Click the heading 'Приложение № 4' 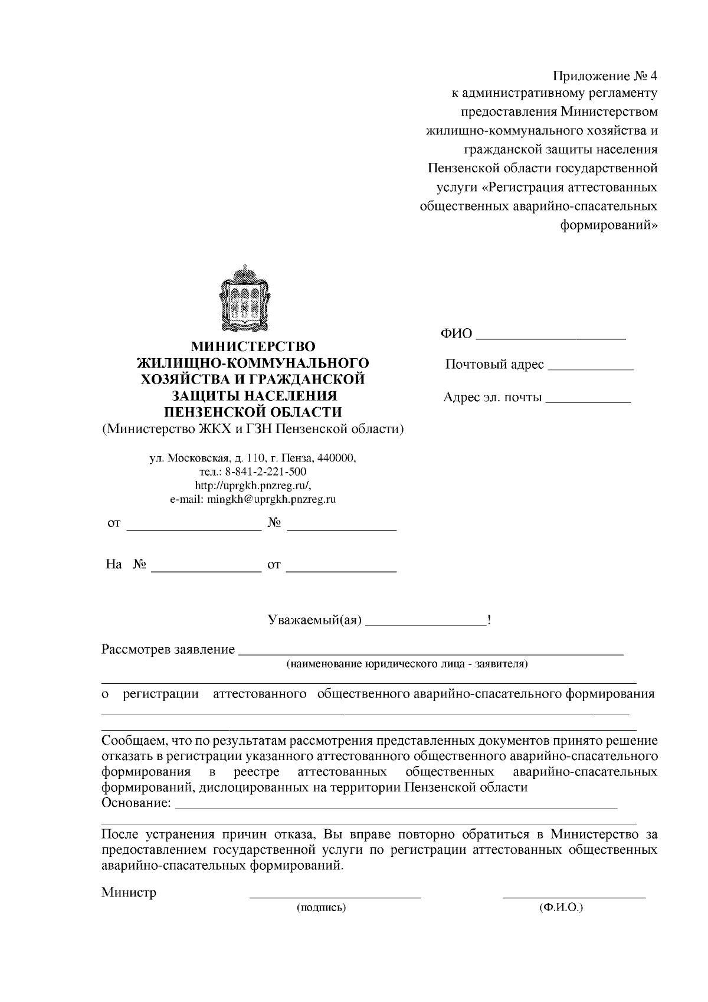604,77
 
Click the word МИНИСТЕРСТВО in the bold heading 253,346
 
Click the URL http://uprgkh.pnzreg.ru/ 253,486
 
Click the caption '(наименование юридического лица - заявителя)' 407,664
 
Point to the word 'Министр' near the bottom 129,892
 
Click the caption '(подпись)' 321,908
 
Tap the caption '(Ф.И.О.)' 560,908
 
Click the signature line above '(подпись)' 335,897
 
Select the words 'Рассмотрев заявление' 168,650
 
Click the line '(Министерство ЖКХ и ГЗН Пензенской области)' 253,429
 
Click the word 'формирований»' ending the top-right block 608,225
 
